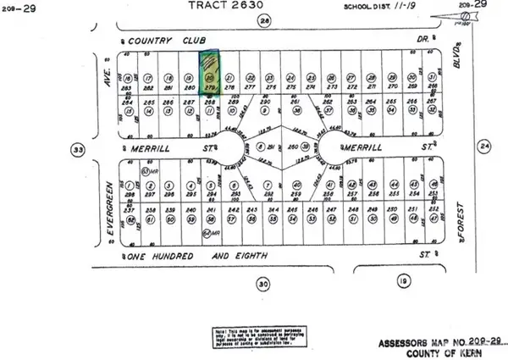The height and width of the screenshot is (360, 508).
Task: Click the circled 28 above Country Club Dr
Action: coord(265,19)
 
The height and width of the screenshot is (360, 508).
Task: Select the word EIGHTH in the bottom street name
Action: coord(278,253)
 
